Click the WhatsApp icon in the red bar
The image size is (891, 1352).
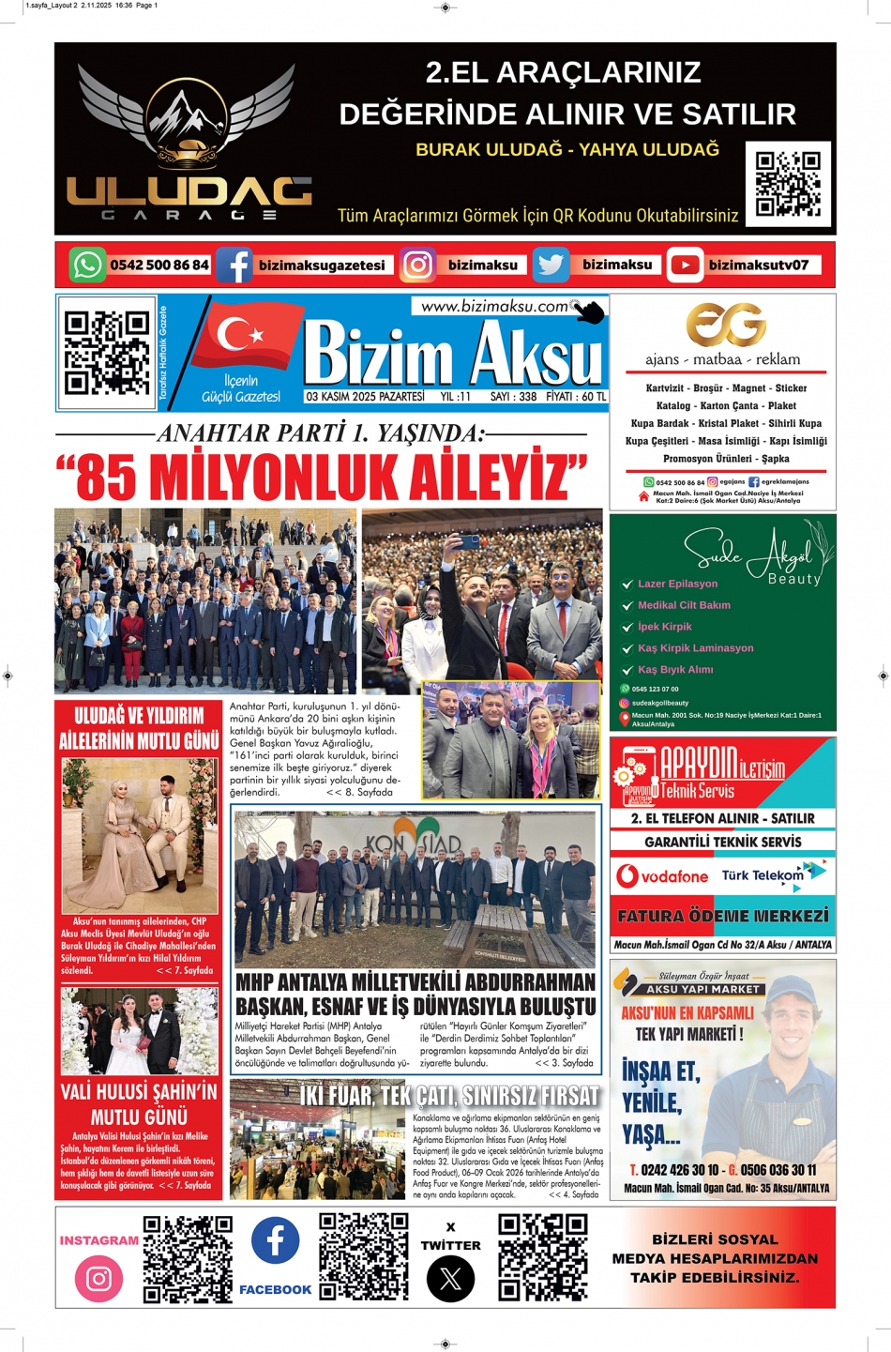pyautogui.click(x=87, y=265)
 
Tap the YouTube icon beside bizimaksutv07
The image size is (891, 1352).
pyautogui.click(x=686, y=266)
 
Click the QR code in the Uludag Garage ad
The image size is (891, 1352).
pyautogui.click(x=788, y=184)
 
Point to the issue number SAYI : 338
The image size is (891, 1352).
pyautogui.click(x=513, y=397)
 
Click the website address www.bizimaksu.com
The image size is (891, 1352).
pyautogui.click(x=494, y=306)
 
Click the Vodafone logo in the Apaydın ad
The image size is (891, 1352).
pyautogui.click(x=662, y=876)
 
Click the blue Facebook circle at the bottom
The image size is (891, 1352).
pyautogui.click(x=275, y=1240)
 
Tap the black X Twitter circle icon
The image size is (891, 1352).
pyautogui.click(x=450, y=1279)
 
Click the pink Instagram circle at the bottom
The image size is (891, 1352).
pyautogui.click(x=98, y=1278)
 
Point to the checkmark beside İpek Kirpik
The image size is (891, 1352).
pyautogui.click(x=627, y=627)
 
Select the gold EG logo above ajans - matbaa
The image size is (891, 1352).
pyautogui.click(x=725, y=325)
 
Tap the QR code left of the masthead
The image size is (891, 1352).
pyautogui.click(x=106, y=353)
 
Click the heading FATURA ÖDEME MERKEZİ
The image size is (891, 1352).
pyautogui.click(x=722, y=916)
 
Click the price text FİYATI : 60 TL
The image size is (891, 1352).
pyautogui.click(x=576, y=397)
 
